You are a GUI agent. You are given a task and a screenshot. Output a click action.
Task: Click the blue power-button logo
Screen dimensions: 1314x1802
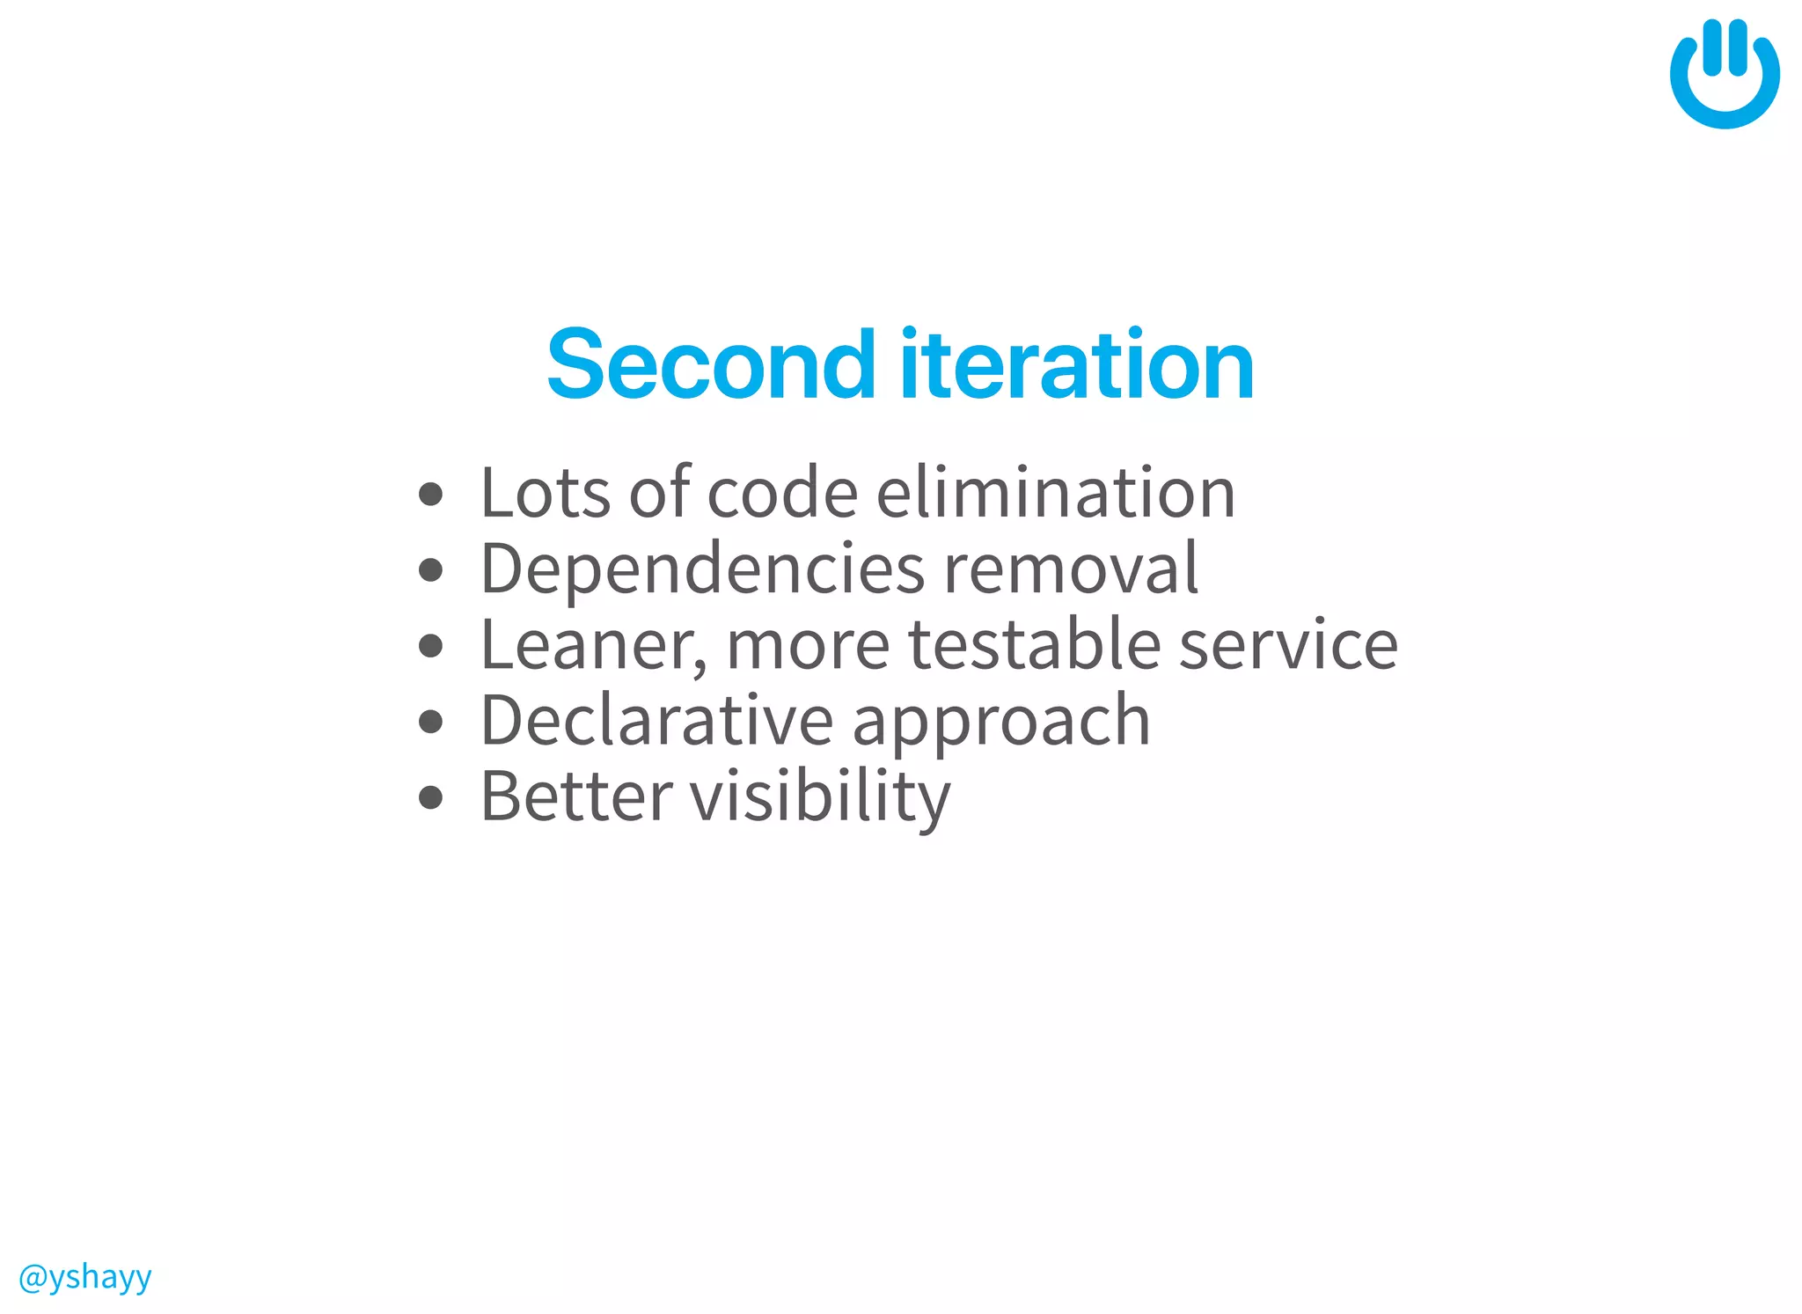(1724, 75)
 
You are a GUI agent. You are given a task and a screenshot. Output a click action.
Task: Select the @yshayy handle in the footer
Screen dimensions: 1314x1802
(85, 1276)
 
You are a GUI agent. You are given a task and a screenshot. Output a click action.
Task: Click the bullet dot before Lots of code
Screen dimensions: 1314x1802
(430, 494)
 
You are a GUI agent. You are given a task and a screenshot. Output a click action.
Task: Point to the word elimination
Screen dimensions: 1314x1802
(1056, 493)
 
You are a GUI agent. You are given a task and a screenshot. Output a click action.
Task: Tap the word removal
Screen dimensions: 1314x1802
(1071, 569)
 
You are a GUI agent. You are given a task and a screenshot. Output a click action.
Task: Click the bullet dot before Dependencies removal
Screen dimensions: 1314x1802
(430, 570)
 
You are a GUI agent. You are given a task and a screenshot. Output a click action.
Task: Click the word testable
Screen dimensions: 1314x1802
(1035, 645)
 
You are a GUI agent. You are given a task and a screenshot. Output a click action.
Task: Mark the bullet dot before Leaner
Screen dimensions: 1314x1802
(430, 646)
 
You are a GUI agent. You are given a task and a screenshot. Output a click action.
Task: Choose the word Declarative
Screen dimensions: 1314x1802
(656, 721)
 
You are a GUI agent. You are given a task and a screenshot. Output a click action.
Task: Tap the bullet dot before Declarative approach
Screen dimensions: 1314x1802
(430, 722)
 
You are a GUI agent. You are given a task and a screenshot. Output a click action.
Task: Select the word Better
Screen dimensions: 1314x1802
(576, 796)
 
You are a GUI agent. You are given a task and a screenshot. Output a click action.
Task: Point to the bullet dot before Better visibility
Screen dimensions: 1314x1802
(430, 797)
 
